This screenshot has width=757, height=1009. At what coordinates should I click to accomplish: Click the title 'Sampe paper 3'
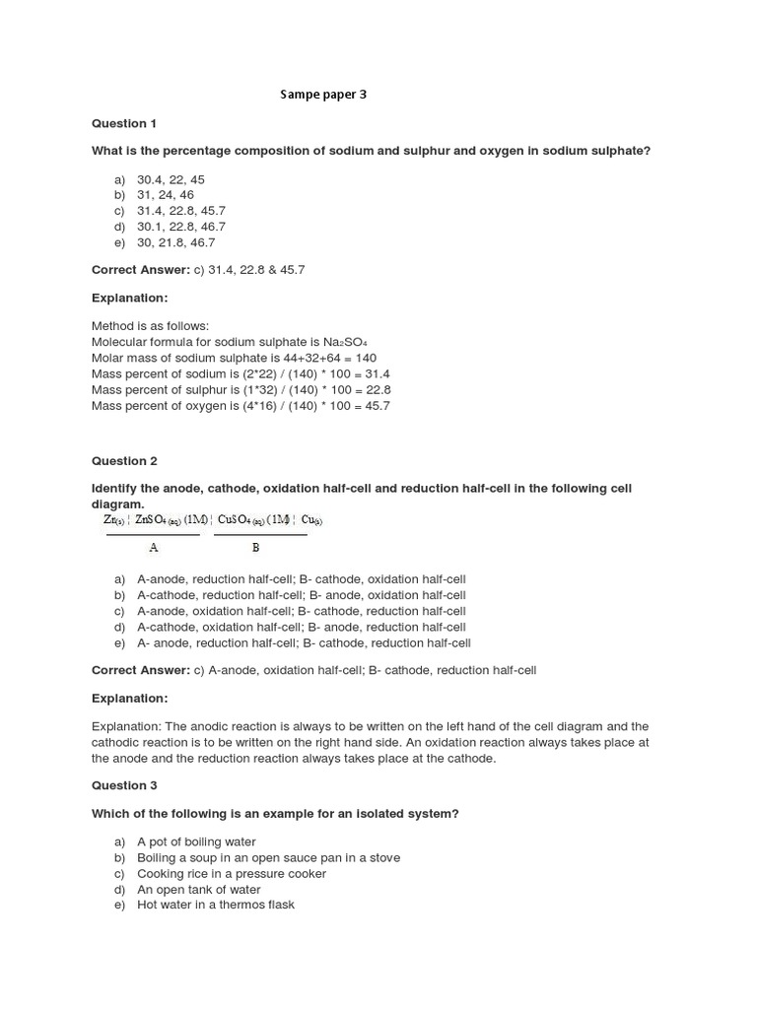coord(323,95)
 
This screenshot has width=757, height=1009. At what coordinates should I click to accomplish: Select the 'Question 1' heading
coord(124,124)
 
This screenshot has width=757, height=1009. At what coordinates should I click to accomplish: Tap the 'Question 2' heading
coord(124,461)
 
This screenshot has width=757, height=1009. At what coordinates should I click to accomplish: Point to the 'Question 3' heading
coord(124,786)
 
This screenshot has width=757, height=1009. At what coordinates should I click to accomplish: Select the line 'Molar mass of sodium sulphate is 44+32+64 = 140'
coord(234,358)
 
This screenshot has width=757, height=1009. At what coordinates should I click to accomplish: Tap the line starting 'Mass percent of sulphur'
coord(241,389)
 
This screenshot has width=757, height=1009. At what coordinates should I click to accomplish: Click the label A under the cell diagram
coord(153,547)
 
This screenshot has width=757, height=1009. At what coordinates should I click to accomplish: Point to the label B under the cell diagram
coord(255,547)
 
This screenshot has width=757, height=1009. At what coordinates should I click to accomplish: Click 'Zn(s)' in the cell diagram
coord(113,520)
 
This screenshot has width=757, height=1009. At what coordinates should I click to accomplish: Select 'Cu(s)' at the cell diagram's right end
coord(311,520)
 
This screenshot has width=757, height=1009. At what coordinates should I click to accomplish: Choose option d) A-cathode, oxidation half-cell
coord(301,627)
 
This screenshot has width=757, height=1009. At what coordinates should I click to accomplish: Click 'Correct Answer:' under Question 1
coord(140,270)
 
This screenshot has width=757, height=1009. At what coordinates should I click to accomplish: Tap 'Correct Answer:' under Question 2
coord(140,670)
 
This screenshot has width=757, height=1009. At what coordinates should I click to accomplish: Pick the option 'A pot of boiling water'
coord(196,841)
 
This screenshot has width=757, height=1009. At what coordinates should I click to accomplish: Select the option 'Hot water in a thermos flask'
coord(216,905)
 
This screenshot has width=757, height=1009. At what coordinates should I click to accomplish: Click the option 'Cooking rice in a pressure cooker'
coord(232,873)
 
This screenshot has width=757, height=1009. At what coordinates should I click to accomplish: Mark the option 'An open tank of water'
coord(199,889)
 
